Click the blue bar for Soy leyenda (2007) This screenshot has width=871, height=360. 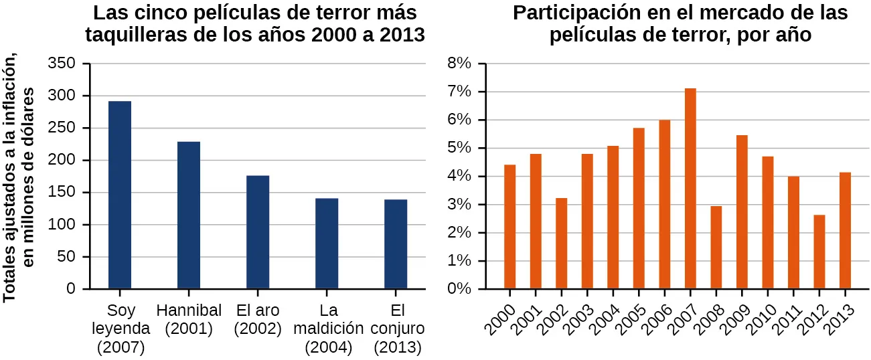[x=120, y=195]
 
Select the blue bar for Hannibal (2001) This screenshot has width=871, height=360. [x=189, y=215]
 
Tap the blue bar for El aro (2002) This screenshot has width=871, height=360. [x=258, y=232]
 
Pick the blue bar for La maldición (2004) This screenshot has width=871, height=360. [x=327, y=244]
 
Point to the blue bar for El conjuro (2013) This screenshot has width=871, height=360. [x=396, y=244]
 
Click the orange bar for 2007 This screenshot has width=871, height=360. [x=690, y=189]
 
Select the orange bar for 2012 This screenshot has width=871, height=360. [x=819, y=252]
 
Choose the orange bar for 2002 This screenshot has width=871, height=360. [x=562, y=244]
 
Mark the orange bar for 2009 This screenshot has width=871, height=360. [x=742, y=212]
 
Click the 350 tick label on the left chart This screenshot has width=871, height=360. [x=61, y=64]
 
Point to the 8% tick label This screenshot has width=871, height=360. [x=460, y=64]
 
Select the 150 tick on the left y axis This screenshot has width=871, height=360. [x=61, y=193]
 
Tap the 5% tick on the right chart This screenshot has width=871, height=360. [x=460, y=148]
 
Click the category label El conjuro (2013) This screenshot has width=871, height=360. [x=397, y=329]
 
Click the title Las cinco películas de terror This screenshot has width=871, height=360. [x=255, y=24]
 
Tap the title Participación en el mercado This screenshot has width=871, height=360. [x=680, y=24]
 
